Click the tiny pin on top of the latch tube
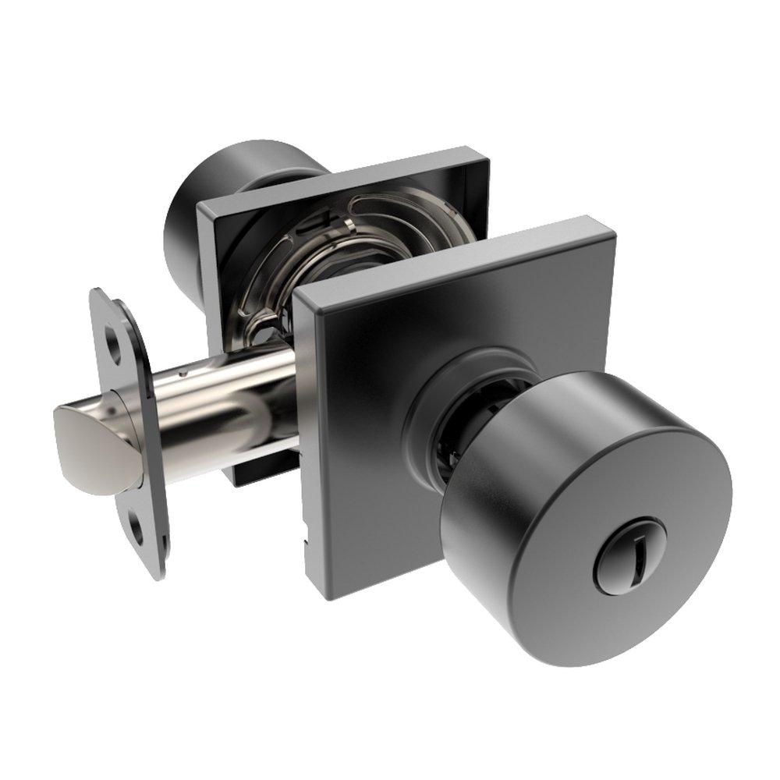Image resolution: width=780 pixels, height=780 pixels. (x=183, y=372)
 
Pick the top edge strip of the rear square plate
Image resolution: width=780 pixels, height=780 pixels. (x=343, y=173)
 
